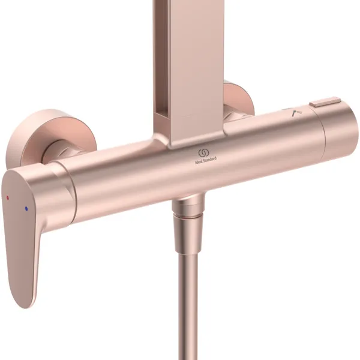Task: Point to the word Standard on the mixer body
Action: point(211,159)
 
